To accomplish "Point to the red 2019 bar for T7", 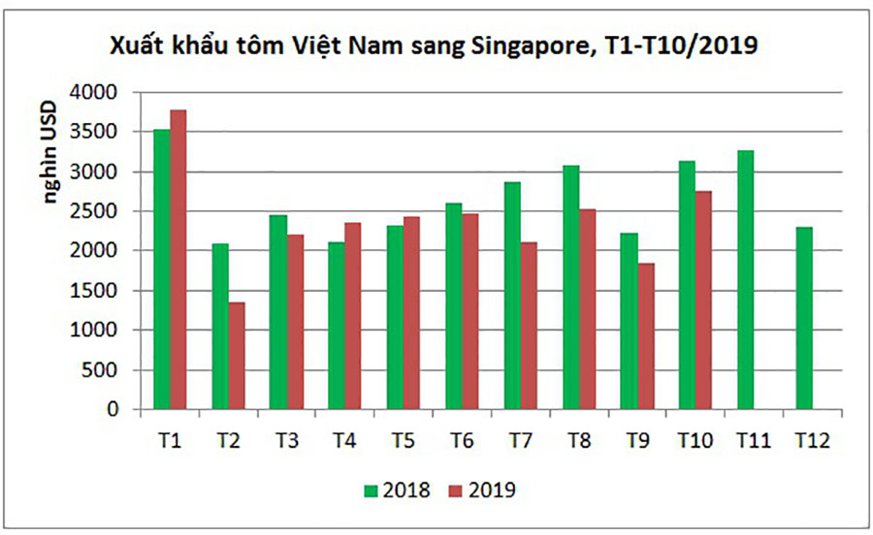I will coord(528,326).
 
